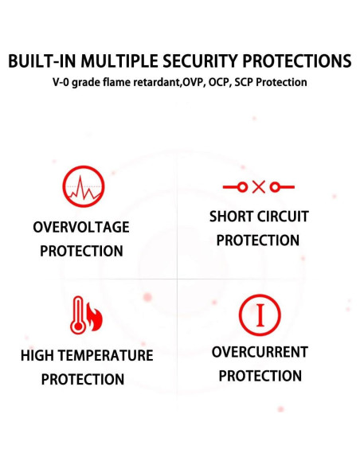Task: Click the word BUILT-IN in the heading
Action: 42,61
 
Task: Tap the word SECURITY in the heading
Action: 200,61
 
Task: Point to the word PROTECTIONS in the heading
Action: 297,61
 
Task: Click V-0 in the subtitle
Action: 61,82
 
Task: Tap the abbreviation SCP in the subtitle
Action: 244,82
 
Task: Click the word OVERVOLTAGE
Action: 81,228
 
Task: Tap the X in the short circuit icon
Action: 258,187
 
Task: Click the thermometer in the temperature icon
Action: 78,315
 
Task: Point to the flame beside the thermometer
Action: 95,317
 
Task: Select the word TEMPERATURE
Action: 108,356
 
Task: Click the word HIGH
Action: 39,356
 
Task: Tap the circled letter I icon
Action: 260,315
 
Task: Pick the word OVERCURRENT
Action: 260,352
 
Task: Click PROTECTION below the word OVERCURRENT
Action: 260,376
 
